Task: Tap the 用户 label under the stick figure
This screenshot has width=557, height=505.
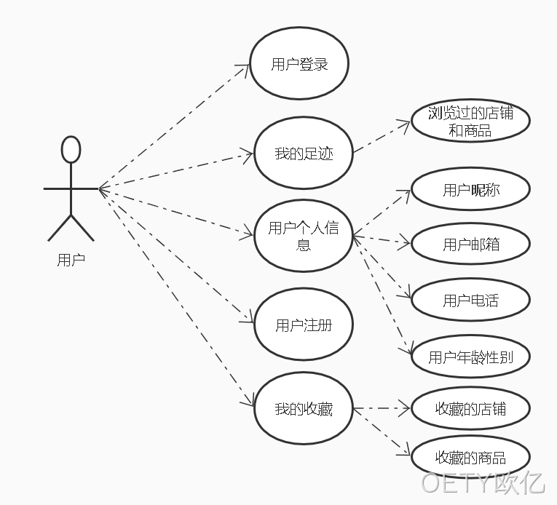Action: coord(71,260)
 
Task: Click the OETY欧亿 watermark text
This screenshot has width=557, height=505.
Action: coord(483,482)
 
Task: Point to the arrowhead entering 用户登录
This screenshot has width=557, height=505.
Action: coord(249,65)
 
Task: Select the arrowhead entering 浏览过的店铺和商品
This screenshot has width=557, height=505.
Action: coord(410,122)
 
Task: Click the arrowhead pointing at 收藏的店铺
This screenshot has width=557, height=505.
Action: coord(410,408)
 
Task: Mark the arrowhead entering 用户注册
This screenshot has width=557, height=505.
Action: coord(253,322)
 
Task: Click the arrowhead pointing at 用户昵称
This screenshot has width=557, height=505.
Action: coord(410,191)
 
